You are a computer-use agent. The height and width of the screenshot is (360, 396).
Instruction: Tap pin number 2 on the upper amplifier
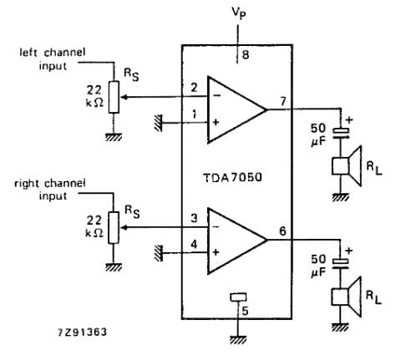point(193,87)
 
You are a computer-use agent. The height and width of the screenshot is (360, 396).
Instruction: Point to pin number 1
point(193,114)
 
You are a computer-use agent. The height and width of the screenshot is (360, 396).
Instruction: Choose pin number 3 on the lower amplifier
point(193,218)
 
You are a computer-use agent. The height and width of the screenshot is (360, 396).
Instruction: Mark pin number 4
point(193,245)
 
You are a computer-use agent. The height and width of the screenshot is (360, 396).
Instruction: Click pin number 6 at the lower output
point(284,231)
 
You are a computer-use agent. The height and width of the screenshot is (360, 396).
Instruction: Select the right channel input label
point(49,188)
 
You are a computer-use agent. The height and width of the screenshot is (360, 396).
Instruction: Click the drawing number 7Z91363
point(81,332)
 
